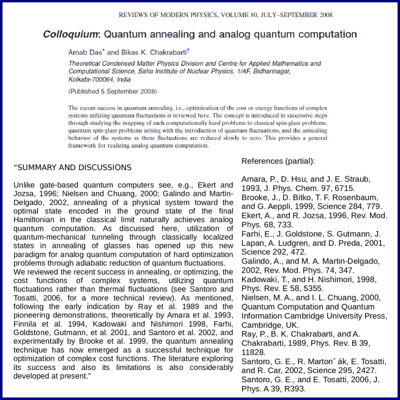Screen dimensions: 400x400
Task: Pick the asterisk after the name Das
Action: coord(103,51)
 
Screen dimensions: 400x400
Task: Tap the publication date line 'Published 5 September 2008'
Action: coord(113,91)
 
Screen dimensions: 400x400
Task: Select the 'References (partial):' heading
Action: coord(278,161)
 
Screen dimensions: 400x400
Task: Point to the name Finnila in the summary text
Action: coord(28,324)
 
